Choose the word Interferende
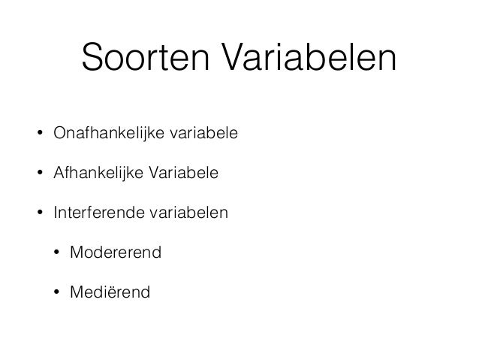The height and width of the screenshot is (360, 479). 93,213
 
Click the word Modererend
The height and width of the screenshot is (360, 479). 115,253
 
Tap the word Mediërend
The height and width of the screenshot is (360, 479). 110,292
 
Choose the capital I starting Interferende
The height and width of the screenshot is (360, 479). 55,213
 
